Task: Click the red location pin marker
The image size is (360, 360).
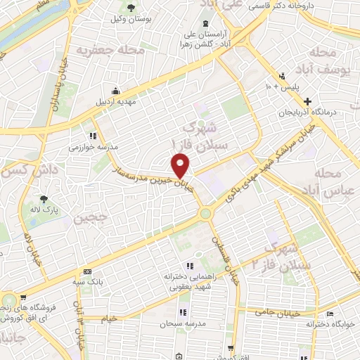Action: point(181,165)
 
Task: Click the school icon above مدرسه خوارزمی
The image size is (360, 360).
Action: point(92,136)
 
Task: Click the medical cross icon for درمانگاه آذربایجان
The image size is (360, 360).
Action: point(327,101)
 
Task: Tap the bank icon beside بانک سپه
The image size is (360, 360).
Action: point(87,272)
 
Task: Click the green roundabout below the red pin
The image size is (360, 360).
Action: point(205,214)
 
